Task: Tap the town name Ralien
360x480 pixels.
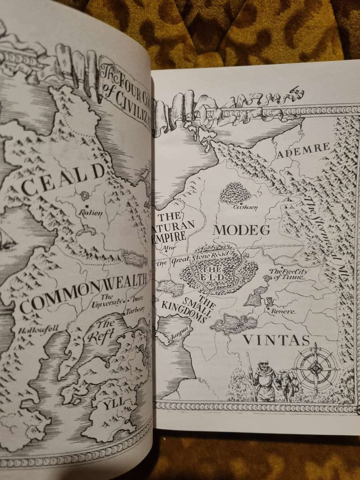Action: [91, 212]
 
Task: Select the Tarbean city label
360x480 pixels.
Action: [136, 311]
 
